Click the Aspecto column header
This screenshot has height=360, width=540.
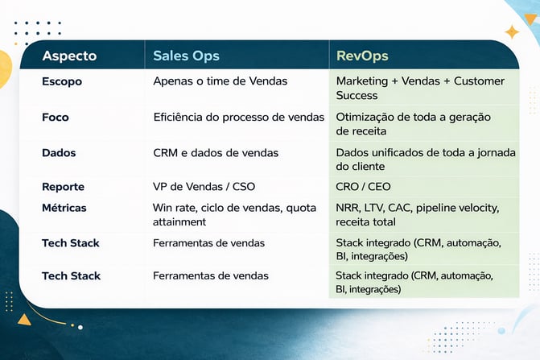[x=69, y=56]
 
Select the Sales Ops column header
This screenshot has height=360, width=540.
[x=186, y=56]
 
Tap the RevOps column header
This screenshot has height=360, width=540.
[x=362, y=56]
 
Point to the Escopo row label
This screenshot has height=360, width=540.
[x=62, y=81]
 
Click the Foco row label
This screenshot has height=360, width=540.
[x=56, y=117]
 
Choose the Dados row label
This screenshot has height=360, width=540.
[x=59, y=152]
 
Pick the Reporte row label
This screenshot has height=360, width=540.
[x=63, y=187]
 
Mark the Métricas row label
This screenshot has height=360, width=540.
[x=64, y=208]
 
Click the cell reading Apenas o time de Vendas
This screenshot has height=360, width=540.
[x=221, y=81]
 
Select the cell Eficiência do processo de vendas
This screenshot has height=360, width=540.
[x=239, y=117]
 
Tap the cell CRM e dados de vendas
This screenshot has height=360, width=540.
[x=216, y=152]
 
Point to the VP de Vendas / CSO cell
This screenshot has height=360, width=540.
[x=204, y=187]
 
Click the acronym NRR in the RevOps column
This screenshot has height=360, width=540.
[x=348, y=208]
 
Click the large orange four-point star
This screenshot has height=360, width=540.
[x=512, y=32]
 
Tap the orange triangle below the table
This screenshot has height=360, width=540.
[x=24, y=319]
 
